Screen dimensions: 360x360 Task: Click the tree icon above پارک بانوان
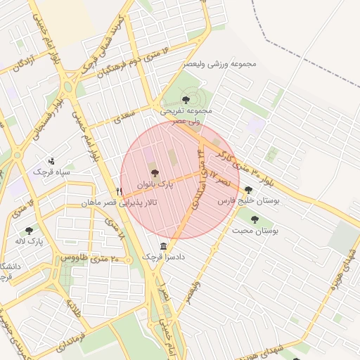point(155,172)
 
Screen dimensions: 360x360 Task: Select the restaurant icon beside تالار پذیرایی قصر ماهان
point(120,191)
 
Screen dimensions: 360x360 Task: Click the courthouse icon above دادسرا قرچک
point(164,246)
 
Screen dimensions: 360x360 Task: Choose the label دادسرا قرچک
point(164,257)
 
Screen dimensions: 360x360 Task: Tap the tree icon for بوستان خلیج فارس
point(247,189)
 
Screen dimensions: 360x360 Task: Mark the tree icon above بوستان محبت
point(255,219)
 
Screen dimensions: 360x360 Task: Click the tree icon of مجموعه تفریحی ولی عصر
point(186,100)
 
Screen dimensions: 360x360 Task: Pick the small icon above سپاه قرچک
point(51,160)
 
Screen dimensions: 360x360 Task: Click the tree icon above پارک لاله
point(29,230)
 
